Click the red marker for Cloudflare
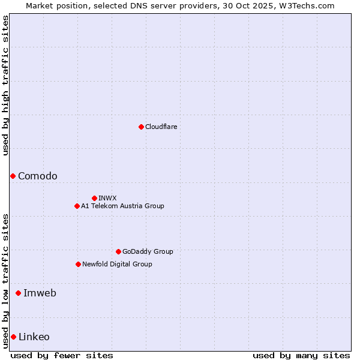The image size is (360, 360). point(141,127)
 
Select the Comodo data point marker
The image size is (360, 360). point(13,176)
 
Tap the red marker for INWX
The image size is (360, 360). point(94,198)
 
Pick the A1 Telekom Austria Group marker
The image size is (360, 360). point(77,206)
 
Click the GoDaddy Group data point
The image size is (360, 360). point(118,251)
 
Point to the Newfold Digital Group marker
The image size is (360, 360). point(78,264)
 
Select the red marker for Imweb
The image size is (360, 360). point(18,293)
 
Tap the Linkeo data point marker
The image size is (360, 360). point(13,337)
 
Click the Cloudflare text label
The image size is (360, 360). point(161,127)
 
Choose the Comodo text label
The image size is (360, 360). point(38,176)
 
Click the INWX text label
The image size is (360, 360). point(107,198)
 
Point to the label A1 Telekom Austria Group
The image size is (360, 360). point(122,206)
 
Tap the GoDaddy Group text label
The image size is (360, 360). point(148,251)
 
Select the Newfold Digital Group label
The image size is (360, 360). point(117,264)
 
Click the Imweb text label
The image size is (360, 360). point(40,293)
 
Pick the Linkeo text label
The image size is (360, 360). point(34,337)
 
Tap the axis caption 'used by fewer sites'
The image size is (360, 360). point(62,355)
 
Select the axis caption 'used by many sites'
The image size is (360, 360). point(301,355)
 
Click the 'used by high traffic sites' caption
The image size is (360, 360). point(5,85)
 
